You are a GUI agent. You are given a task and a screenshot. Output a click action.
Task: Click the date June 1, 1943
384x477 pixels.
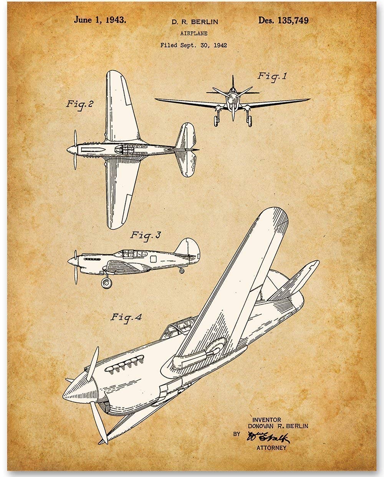coord(99,20)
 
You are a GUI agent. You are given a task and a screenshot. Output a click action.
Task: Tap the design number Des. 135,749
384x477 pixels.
coord(283,20)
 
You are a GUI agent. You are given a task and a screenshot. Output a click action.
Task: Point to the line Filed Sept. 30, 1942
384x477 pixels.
coord(194,45)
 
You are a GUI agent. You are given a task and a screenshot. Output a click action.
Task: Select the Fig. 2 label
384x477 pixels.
coord(80,104)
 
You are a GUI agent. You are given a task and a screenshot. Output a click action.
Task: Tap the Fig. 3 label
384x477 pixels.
coord(145,235)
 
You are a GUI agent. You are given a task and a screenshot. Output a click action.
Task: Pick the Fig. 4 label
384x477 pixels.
coord(126,317)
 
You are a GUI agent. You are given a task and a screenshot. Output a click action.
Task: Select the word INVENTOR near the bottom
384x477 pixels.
coord(266,420)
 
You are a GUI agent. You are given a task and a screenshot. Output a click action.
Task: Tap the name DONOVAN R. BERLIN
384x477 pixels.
coord(278,426)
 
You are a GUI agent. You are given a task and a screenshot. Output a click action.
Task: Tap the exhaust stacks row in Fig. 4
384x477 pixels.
coord(125,364)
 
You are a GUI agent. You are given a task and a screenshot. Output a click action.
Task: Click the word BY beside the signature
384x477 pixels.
coord(237,434)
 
